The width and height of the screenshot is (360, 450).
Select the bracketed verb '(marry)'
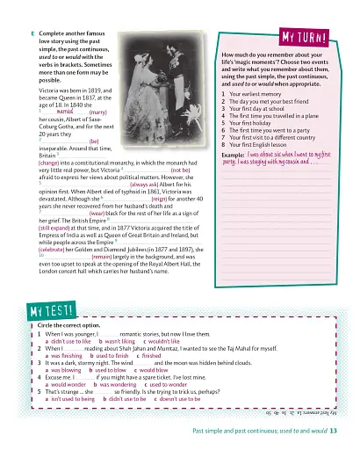click(97, 113)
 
